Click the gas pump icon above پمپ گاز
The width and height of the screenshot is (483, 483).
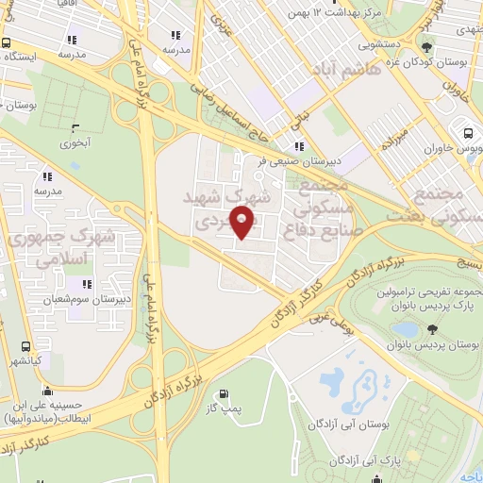coord(223,395)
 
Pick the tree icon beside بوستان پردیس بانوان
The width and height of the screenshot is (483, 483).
coord(432,328)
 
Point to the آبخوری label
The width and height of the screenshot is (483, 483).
coord(75,144)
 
